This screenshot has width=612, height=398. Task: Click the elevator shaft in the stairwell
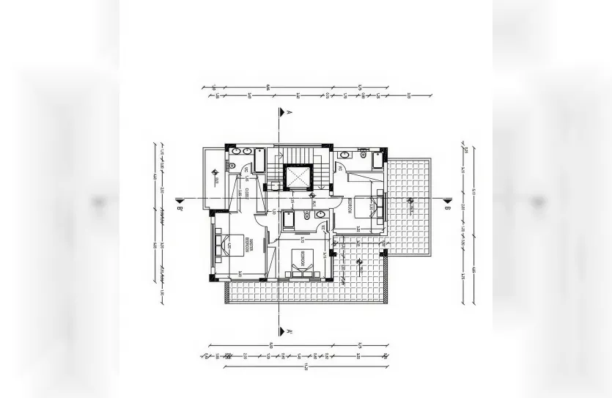coord(298,178)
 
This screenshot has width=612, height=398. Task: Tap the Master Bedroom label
coord(251,247)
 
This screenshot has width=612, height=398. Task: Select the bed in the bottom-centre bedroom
coord(301,262)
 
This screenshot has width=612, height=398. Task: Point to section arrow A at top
coord(280,113)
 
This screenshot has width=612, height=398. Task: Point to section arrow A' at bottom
coord(280,329)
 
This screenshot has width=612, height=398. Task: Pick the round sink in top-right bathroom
coord(361,154)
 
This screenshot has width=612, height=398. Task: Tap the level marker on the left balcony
coord(214,174)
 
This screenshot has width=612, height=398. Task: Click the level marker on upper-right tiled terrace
coord(409,199)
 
